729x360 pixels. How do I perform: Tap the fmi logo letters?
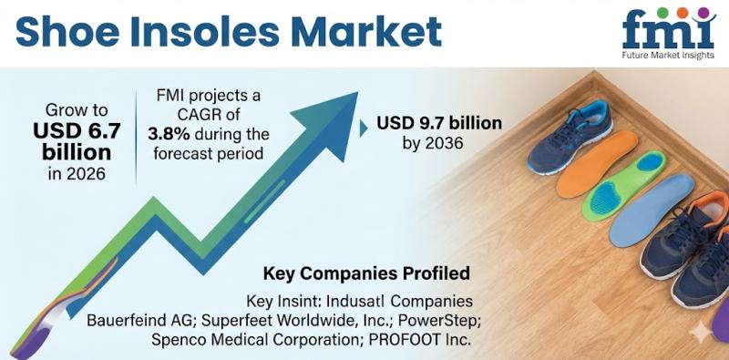(x=669, y=31)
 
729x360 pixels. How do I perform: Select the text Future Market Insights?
(x=669, y=56)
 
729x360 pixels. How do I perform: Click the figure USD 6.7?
(x=77, y=130)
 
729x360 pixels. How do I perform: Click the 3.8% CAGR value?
(x=169, y=134)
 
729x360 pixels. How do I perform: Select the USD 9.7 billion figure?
(x=439, y=123)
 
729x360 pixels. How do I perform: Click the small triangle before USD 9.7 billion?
(x=363, y=129)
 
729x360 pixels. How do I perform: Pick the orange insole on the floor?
(x=597, y=164)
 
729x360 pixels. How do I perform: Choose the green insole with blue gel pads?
(x=624, y=186)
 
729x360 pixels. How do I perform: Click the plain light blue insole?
(x=652, y=210)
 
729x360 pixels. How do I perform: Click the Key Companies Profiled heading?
(x=366, y=273)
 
